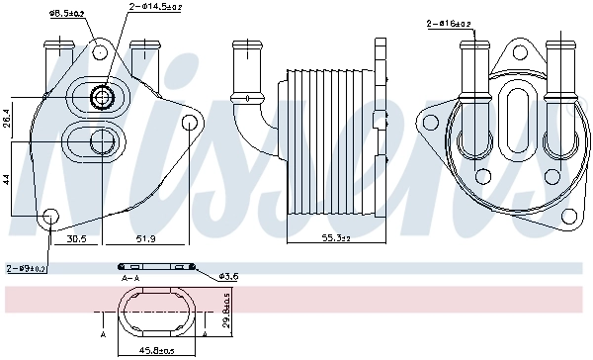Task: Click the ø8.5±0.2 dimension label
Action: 67,13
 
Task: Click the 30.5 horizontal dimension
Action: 77,237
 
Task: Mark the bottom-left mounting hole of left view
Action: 50,213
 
